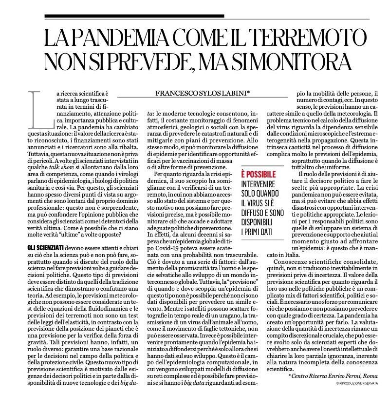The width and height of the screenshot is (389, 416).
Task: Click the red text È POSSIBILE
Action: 259,175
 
